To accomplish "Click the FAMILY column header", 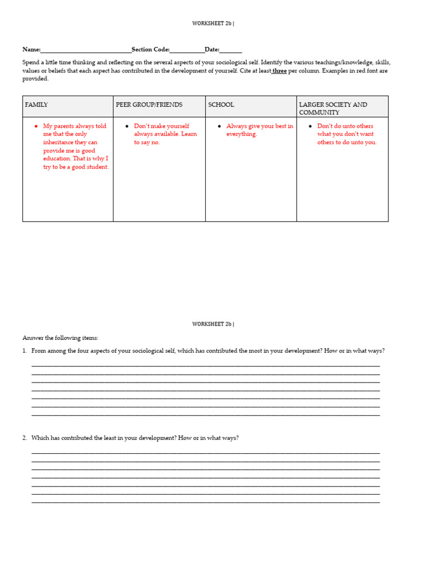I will [37, 104].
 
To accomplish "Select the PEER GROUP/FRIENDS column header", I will [149, 104].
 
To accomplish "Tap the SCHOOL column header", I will [221, 104].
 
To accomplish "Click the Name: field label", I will [31, 50].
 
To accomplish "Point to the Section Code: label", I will [151, 50].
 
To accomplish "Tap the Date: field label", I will [212, 50].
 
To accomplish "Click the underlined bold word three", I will [279, 71].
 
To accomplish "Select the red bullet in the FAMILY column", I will [37, 127].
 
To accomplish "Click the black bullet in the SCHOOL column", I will [220, 127].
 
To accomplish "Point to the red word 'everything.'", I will [242, 134].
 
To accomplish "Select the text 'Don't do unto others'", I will [345, 126].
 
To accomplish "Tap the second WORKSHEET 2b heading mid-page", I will [212, 324].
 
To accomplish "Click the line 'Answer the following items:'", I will [60, 338].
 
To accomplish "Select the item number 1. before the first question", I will [25, 351].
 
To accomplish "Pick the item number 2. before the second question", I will [25, 438].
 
